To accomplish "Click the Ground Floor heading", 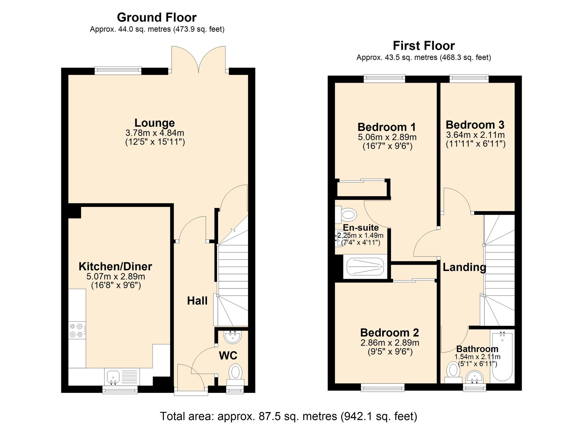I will click(157, 17).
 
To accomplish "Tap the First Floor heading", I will click(424, 46).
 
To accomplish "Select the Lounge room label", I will click(154, 123).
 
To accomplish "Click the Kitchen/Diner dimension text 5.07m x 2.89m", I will click(116, 276).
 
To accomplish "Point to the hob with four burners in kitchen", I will click(77, 330).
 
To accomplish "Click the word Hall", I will click(197, 301).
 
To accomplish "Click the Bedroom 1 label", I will click(387, 127).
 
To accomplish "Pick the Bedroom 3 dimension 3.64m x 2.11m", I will click(475, 135).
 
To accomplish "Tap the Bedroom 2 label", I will click(389, 332).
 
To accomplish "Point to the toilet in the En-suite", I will click(347, 215).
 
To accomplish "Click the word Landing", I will click(464, 267).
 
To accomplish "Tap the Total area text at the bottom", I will click(289, 416).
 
